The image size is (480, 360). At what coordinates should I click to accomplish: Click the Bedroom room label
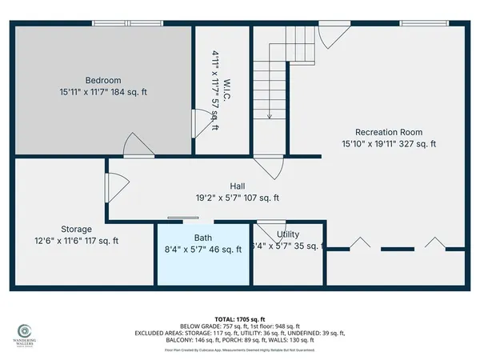point(104,80)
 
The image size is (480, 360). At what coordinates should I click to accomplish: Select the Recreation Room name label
point(389,132)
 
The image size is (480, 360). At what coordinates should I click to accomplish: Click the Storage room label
point(77,229)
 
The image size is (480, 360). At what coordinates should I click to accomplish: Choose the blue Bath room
point(203,254)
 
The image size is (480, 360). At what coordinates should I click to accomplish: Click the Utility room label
point(288,234)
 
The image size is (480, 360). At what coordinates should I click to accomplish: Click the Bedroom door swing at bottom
point(134,146)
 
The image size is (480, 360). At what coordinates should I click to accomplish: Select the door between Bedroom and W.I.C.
point(199,124)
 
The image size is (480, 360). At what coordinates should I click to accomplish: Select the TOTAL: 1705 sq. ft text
point(239,318)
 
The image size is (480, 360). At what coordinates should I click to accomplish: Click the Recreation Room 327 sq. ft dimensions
point(389,145)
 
